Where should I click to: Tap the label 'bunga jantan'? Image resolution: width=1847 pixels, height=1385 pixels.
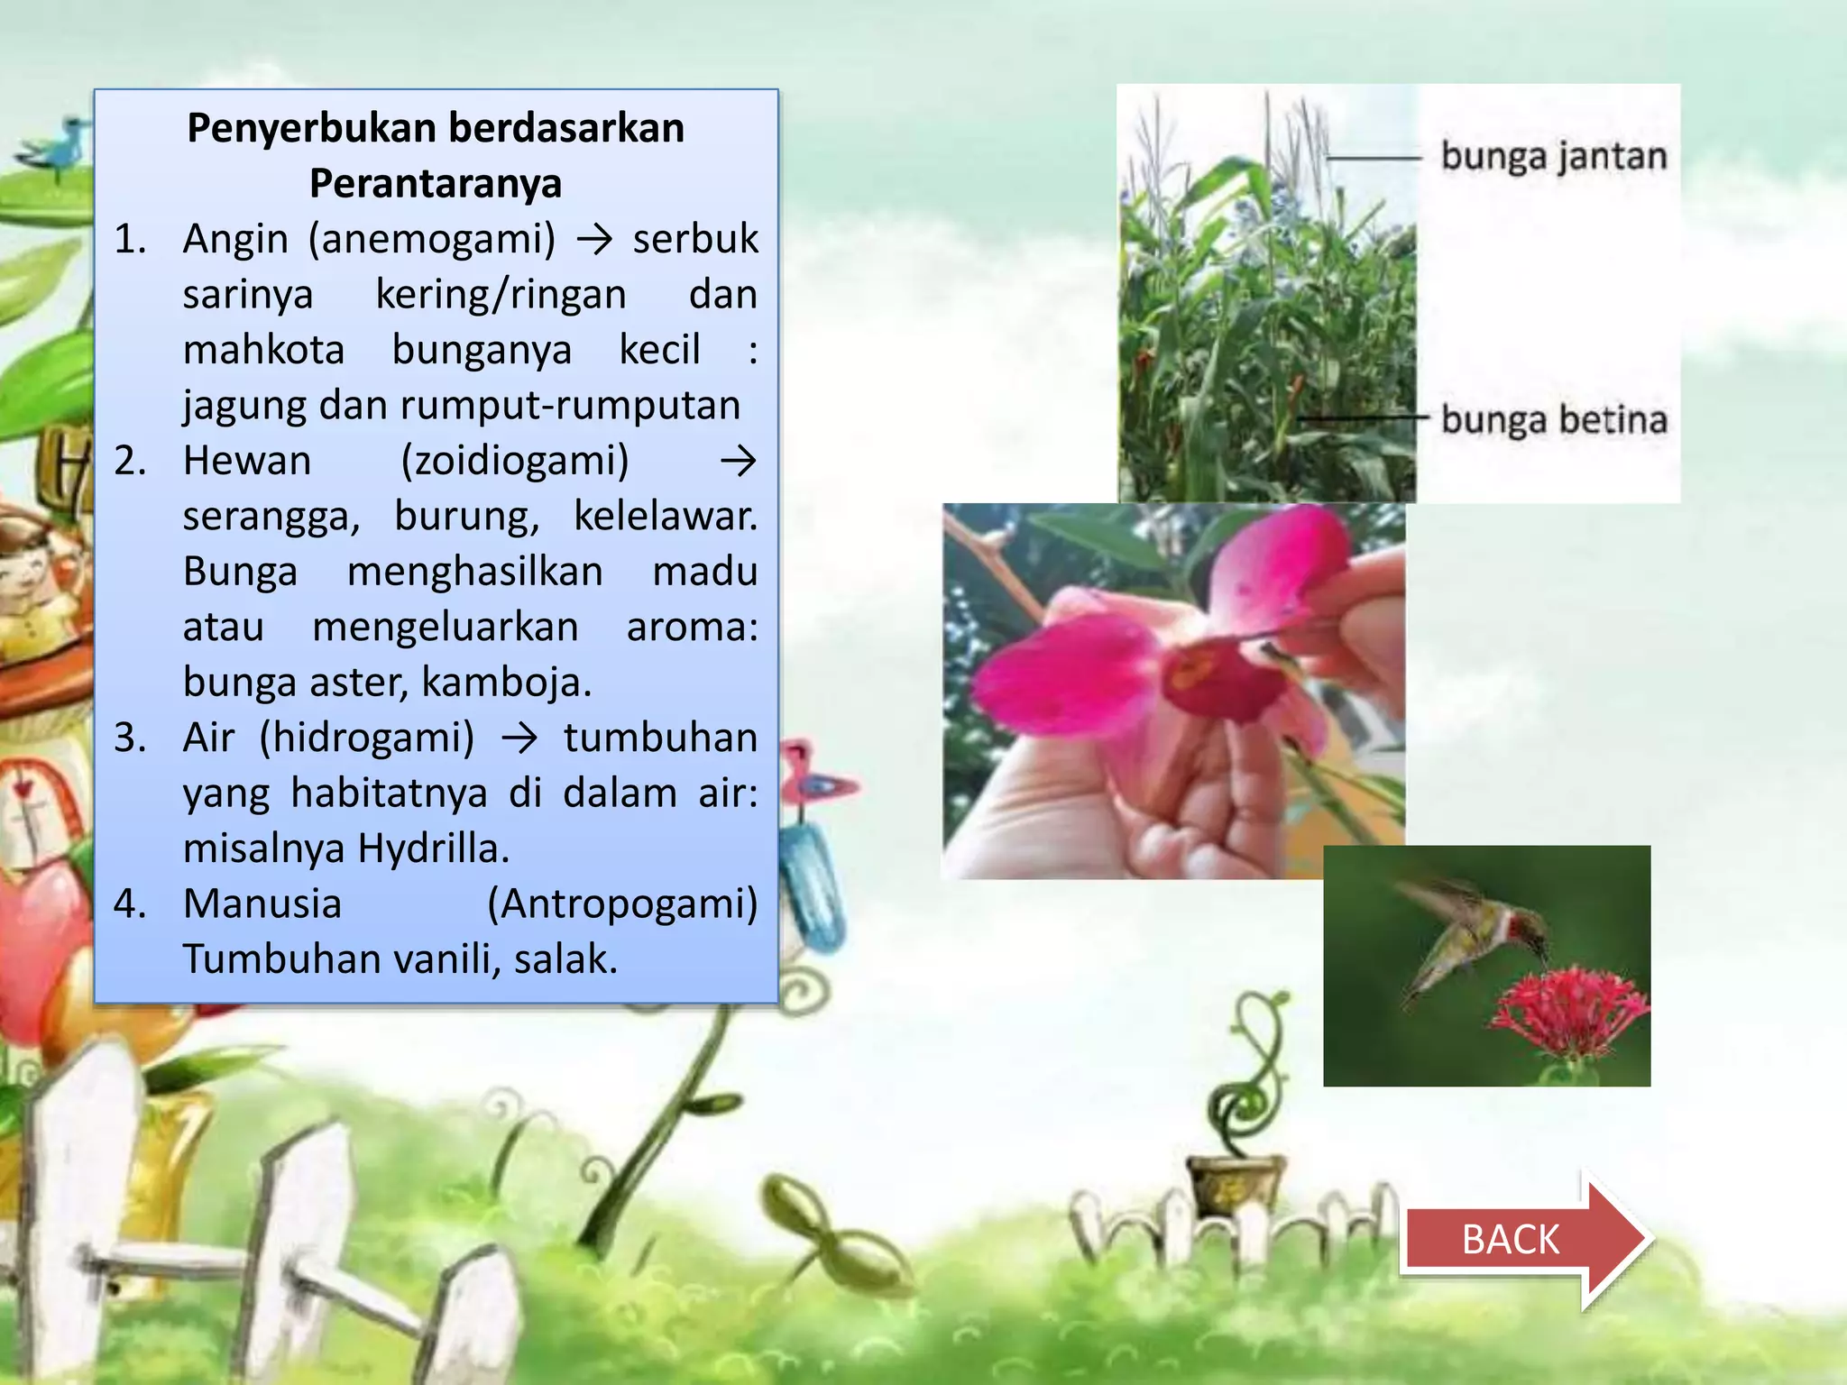tap(1553, 156)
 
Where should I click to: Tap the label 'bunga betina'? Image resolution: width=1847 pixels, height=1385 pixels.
tap(1553, 420)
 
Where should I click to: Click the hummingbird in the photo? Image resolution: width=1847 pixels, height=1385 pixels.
tap(1470, 938)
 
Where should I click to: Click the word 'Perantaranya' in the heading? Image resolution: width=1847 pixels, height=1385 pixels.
tap(436, 183)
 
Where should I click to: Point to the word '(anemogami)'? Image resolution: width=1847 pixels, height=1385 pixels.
tap(432, 239)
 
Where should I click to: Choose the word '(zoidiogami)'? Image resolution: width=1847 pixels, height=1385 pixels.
tap(515, 461)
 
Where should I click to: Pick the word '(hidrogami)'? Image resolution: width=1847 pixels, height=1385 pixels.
tap(367, 738)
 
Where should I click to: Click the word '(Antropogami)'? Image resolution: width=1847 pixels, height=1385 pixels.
tap(622, 903)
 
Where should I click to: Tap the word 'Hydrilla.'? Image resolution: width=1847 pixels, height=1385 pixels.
tap(434, 848)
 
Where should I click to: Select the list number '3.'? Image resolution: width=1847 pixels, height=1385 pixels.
tap(130, 738)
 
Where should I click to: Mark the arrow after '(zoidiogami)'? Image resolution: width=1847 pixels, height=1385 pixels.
tap(738, 462)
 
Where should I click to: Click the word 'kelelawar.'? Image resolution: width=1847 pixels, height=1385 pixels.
tap(666, 516)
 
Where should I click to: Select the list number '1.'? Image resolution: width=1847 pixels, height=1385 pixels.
tap(130, 239)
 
